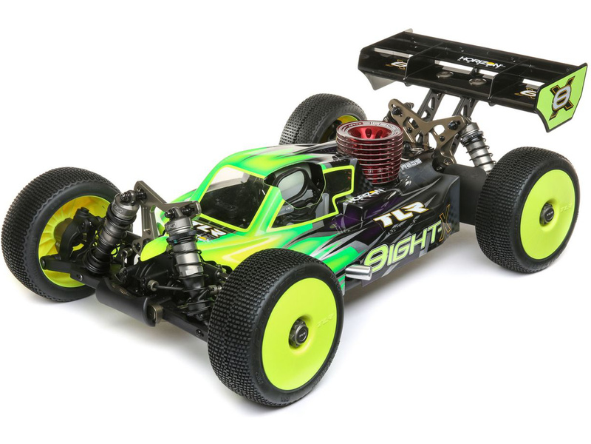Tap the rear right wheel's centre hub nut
tap(547, 214)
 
